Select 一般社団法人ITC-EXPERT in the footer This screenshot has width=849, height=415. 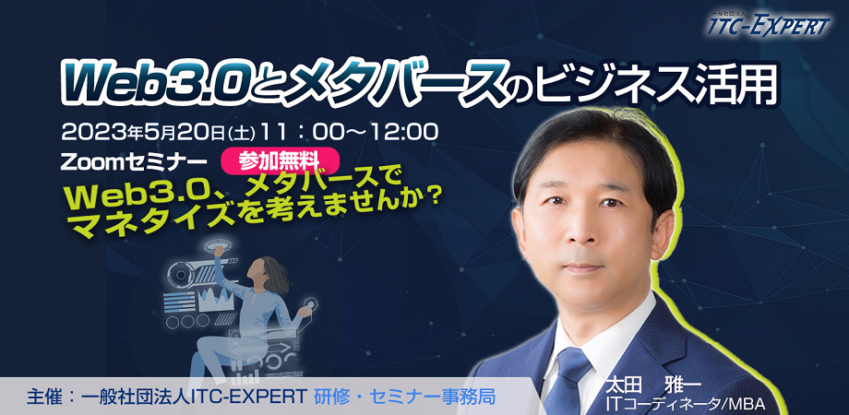tap(194, 397)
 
